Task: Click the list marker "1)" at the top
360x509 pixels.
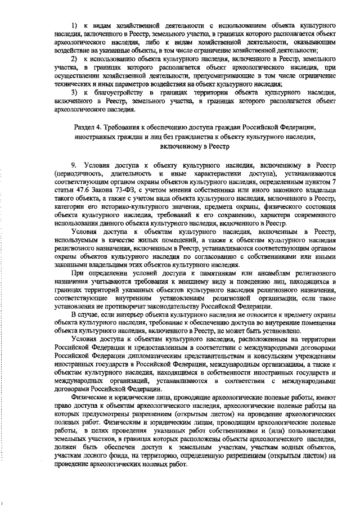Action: click(74, 26)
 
